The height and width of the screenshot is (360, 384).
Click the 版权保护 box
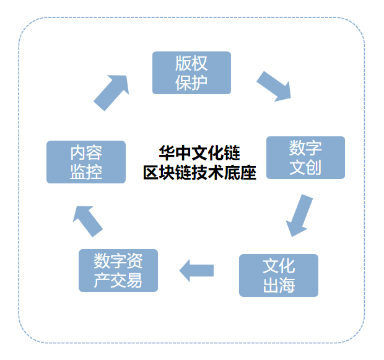[191, 72]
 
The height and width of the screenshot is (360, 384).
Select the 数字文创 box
[305, 157]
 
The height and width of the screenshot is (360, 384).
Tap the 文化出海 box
[279, 275]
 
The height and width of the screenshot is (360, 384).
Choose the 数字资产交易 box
[118, 270]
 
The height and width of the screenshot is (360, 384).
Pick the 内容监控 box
[86, 162]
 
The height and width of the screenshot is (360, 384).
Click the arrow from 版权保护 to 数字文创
[274, 86]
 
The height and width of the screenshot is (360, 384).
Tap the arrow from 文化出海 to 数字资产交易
[196, 270]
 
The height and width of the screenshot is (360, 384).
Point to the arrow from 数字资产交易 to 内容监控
[87, 220]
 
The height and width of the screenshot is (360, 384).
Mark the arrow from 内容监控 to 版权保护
[111, 92]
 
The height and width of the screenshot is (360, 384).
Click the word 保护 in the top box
[191, 82]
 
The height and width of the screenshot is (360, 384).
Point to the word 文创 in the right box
[305, 167]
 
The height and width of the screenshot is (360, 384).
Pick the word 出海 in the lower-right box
[279, 285]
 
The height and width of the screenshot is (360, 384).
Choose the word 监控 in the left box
[86, 172]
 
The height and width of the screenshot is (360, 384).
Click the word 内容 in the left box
[86, 152]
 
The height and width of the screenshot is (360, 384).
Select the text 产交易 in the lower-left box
[118, 281]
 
